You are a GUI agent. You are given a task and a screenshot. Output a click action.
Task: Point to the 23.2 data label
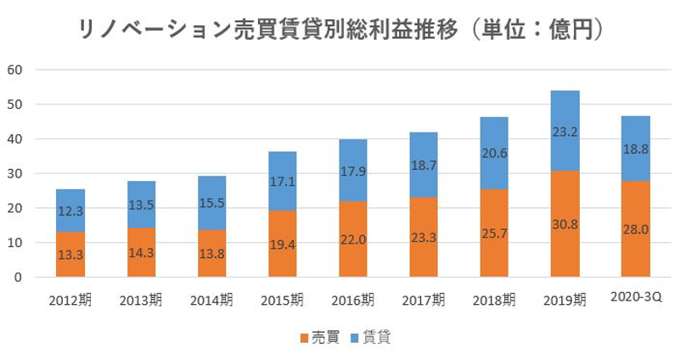[x=565, y=132]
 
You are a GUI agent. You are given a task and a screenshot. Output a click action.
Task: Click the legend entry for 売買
[x=320, y=338]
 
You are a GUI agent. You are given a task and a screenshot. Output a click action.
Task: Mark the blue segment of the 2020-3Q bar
[x=635, y=149]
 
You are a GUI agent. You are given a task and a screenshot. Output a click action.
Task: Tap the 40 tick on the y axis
[x=14, y=138]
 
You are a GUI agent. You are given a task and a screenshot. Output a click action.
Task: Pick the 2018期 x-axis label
[x=494, y=300]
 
